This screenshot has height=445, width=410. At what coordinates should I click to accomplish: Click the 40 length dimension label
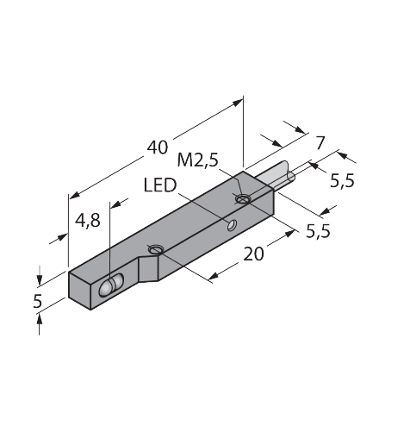(158, 147)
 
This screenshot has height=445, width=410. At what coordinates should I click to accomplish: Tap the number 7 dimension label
(320, 143)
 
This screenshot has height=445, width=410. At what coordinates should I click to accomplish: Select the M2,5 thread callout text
(198, 160)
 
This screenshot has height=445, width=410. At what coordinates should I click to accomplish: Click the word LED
(160, 185)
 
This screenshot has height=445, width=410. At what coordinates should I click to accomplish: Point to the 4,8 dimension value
(88, 221)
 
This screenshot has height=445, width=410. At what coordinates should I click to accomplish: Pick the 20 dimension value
(253, 254)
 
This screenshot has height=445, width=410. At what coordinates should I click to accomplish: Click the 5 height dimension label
(38, 301)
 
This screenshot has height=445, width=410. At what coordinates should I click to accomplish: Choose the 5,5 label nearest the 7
(342, 181)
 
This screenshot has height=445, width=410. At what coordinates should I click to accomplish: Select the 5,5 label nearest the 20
(318, 231)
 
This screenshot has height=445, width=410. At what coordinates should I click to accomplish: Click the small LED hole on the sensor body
(232, 225)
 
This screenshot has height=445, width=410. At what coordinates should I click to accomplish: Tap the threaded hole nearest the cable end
(243, 198)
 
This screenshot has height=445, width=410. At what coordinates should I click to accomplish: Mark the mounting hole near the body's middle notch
(155, 249)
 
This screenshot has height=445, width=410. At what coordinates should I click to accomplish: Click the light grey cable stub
(277, 174)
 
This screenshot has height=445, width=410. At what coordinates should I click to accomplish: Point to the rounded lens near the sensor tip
(110, 285)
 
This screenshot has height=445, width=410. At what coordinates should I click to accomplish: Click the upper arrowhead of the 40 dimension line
(238, 103)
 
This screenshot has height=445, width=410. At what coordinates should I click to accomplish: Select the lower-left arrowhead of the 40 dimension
(75, 195)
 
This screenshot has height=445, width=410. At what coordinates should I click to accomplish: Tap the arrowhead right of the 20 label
(289, 233)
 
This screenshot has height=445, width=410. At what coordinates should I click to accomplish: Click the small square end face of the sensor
(80, 291)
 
